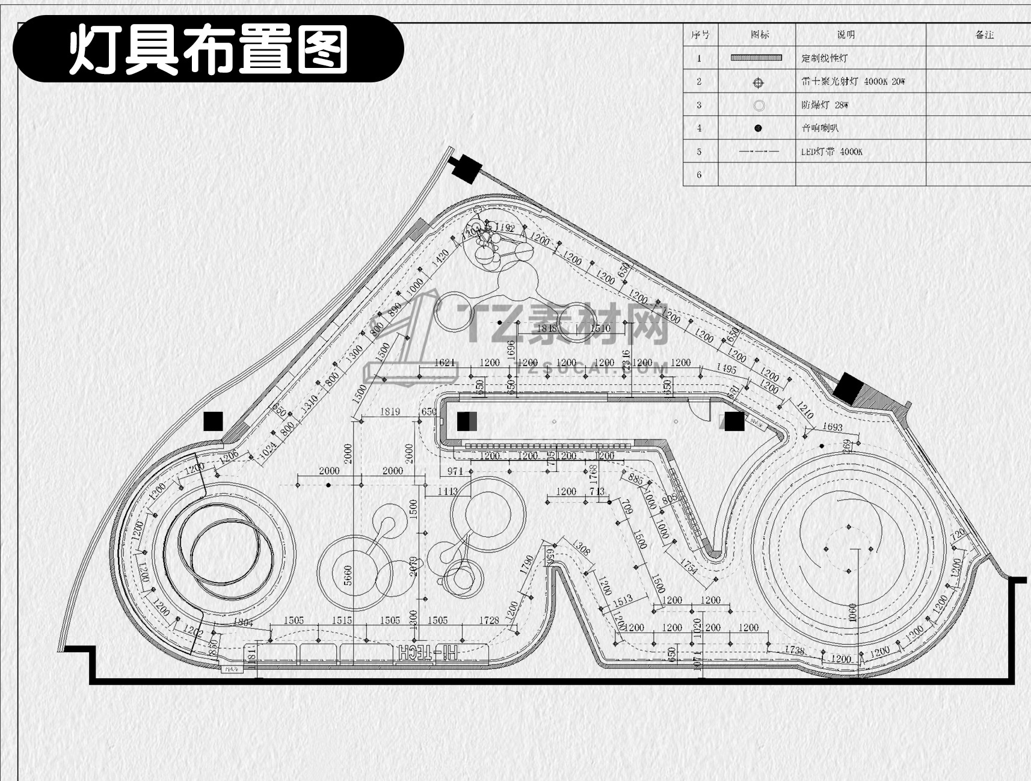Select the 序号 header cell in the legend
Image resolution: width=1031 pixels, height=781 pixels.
pos(700,35)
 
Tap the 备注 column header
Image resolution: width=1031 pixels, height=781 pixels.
pos(984,35)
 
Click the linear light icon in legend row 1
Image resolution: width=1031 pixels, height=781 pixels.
pos(756,58)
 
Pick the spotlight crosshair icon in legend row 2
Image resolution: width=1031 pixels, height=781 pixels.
pos(758,82)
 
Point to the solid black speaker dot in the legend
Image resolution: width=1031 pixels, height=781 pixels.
pos(758,128)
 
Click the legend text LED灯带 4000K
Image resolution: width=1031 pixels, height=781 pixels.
pos(831,152)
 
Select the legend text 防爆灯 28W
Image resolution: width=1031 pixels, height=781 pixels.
pos(824,105)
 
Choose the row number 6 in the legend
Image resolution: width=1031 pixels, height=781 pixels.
pos(699,175)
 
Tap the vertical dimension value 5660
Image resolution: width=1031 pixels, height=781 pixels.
pos(348,577)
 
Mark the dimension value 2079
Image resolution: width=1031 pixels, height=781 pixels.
pos(413,566)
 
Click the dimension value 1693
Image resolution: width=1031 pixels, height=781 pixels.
pos(832,427)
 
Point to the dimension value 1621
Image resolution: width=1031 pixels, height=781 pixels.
pos(445,363)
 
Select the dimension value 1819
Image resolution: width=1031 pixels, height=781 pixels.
pos(390,412)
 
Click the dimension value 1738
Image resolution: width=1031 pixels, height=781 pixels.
pos(794,649)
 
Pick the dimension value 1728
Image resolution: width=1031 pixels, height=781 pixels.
pos(489,620)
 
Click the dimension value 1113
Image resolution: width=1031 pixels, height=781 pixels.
pos(448,491)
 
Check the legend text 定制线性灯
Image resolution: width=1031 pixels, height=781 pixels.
pos(824,58)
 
